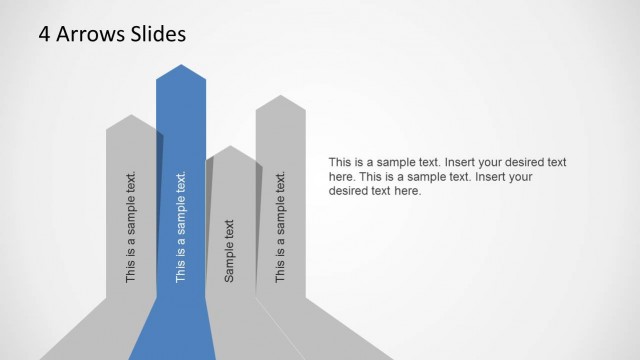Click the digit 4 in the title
(x=45, y=35)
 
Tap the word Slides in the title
(x=156, y=35)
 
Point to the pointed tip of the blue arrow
(x=181, y=66)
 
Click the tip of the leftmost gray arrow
(x=130, y=116)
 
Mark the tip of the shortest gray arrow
(x=231, y=147)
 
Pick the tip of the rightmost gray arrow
(x=281, y=97)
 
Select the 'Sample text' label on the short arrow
(x=230, y=250)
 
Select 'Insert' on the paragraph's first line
(x=453, y=162)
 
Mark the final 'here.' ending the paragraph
(x=407, y=191)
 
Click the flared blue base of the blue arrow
(x=172, y=335)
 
